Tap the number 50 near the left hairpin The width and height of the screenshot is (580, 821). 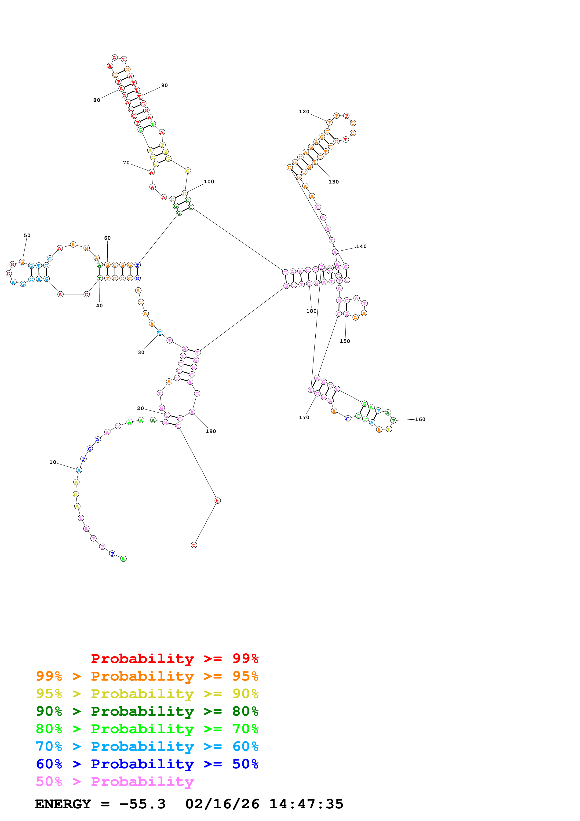27,235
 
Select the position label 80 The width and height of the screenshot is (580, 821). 96,100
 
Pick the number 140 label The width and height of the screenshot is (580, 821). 361,246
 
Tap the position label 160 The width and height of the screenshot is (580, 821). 420,419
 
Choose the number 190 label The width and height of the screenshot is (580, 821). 211,431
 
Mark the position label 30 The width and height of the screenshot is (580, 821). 141,352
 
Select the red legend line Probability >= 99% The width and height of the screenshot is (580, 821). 174,658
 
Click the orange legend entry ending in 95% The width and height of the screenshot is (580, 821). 147,676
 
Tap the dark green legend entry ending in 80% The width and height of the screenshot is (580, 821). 147,711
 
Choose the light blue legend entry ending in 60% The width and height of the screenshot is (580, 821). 147,746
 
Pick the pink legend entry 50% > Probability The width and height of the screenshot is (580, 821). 114,781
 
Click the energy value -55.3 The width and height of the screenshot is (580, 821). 142,804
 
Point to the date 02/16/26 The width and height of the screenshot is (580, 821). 222,804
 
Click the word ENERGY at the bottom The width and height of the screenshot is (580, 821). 63,804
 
